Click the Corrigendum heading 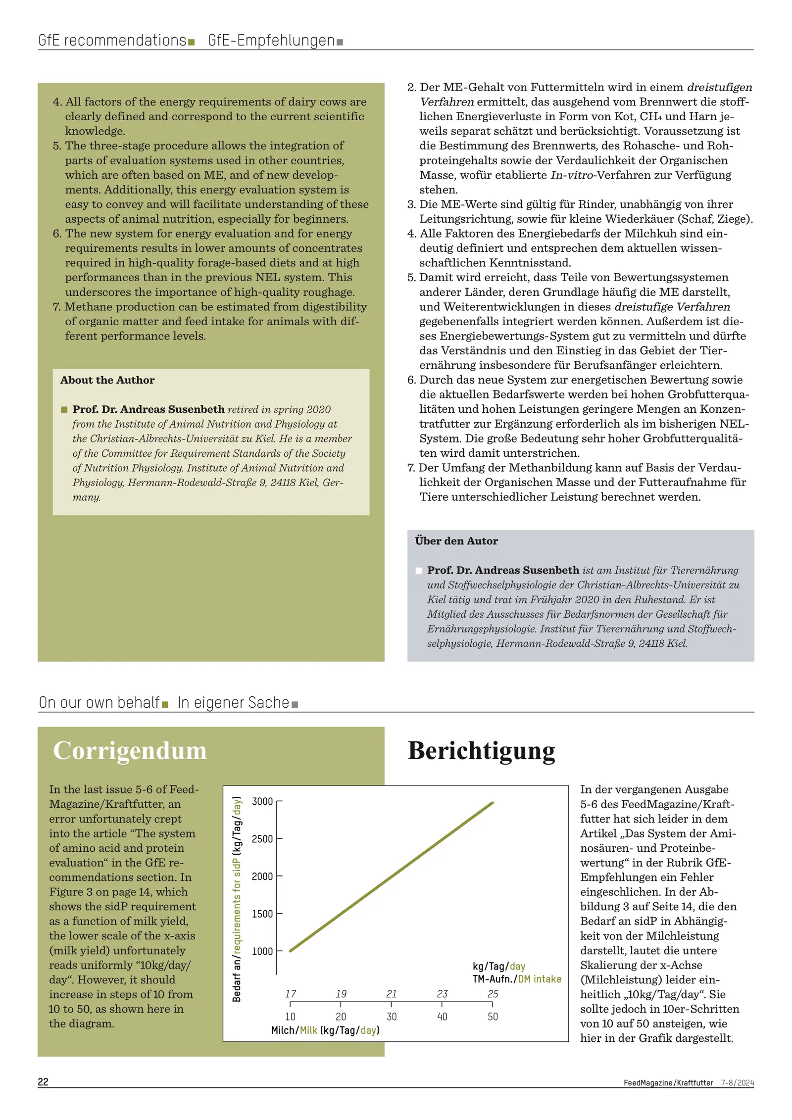[130, 750]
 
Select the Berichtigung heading [481, 750]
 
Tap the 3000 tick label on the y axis [262, 801]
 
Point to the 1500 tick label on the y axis [262, 914]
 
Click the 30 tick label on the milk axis [392, 1017]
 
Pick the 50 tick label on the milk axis [493, 1017]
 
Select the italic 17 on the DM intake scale [291, 994]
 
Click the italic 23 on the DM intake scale [442, 994]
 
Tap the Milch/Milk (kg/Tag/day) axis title [325, 1030]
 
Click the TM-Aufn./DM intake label [517, 979]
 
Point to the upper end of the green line [492, 803]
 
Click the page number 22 [43, 1082]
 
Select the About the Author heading [107, 380]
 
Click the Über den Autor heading [456, 541]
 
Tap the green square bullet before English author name [64, 409]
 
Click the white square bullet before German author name [419, 571]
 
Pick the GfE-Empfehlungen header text [271, 41]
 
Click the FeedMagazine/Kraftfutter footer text [668, 1083]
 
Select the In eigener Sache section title [233, 703]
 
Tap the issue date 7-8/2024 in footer [737, 1083]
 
